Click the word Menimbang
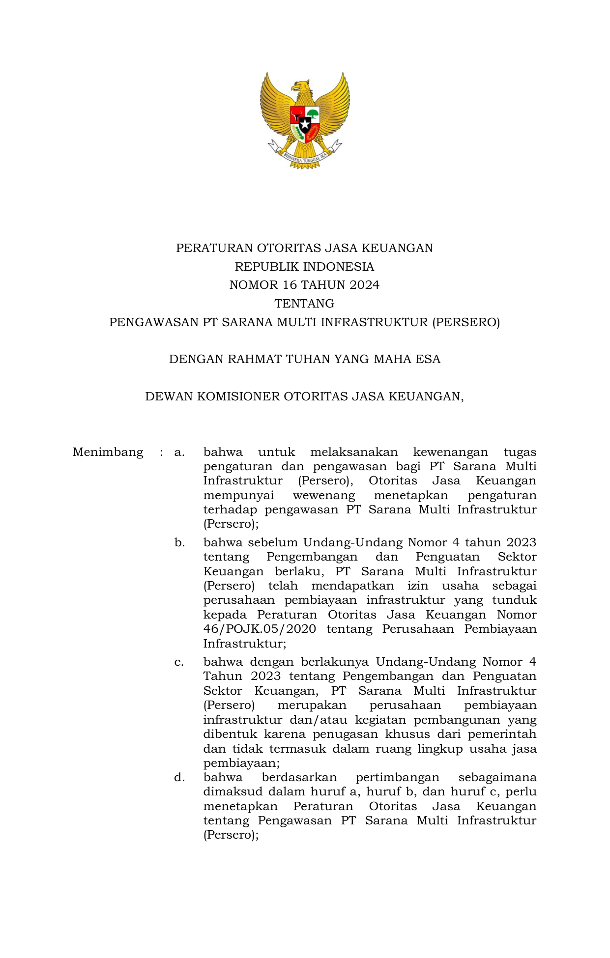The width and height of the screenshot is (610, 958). tap(108, 452)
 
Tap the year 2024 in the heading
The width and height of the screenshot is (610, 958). tap(365, 285)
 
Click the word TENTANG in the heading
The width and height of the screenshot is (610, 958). tap(304, 304)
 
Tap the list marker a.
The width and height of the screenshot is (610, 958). tap(179, 452)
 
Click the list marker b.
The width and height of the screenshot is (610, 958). tap(179, 542)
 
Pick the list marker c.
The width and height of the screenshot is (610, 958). tap(179, 662)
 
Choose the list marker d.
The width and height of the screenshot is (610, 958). tap(179, 777)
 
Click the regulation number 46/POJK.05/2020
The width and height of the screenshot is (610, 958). tap(260, 629)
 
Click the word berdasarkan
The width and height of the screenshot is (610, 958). tap(299, 777)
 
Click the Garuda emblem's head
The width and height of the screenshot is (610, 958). tap(301, 87)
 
